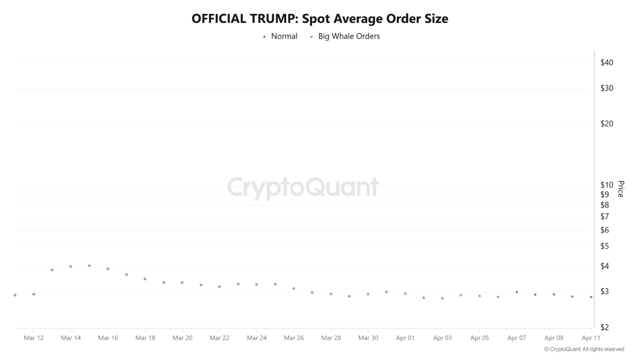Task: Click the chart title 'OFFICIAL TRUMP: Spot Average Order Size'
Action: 320,19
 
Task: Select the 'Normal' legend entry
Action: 283,36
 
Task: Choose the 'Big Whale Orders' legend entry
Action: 348,36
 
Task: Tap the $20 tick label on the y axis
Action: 606,123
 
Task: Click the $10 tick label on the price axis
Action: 606,185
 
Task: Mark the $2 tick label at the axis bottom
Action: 604,327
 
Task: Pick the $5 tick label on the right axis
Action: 604,246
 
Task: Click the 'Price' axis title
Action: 620,189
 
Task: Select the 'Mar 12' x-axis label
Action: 33,338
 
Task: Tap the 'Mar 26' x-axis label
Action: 293,338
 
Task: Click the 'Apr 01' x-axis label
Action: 405,338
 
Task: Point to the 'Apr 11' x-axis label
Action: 591,338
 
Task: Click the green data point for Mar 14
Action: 70,266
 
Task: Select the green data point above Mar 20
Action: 182,282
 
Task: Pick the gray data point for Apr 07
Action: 516,292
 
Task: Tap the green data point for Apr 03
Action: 442,298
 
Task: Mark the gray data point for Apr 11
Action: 591,297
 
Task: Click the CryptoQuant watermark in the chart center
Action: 303,187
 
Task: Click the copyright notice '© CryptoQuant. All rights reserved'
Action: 583,349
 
